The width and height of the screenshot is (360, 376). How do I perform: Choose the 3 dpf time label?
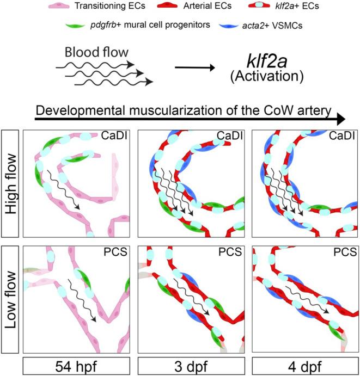tap(187, 366)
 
